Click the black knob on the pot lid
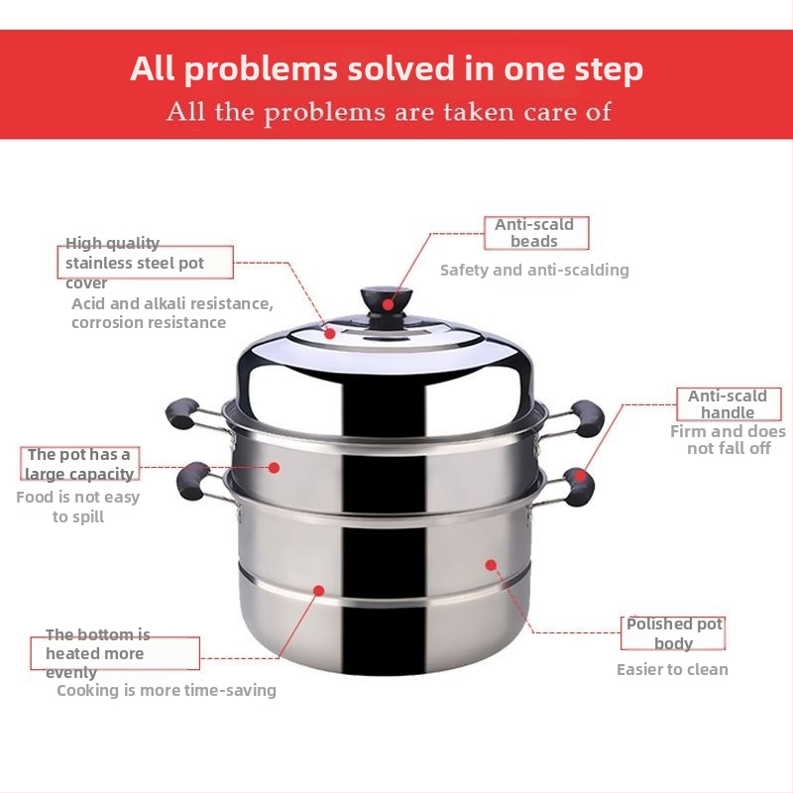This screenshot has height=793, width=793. [387, 306]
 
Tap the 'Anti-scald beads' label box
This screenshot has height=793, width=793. [536, 233]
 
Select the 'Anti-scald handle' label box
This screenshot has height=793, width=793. [729, 404]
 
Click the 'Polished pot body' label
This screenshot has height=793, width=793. [673, 633]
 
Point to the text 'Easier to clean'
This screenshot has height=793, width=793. [672, 670]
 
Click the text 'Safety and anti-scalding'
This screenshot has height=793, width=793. [534, 270]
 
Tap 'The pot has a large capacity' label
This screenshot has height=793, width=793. [79, 464]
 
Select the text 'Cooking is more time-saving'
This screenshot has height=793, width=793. [167, 690]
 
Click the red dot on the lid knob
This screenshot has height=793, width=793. [388, 304]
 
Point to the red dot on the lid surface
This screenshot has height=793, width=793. [330, 333]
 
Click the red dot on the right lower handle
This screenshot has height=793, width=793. [581, 476]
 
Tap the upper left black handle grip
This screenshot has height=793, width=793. [182, 413]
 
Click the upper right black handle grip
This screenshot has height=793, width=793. [587, 418]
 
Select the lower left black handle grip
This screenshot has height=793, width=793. [193, 482]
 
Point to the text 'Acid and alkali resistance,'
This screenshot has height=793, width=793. [171, 304]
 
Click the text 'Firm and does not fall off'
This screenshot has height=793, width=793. [729, 440]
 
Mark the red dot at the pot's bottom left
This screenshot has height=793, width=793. [318, 590]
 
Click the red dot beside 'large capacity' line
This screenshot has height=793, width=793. [275, 468]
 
